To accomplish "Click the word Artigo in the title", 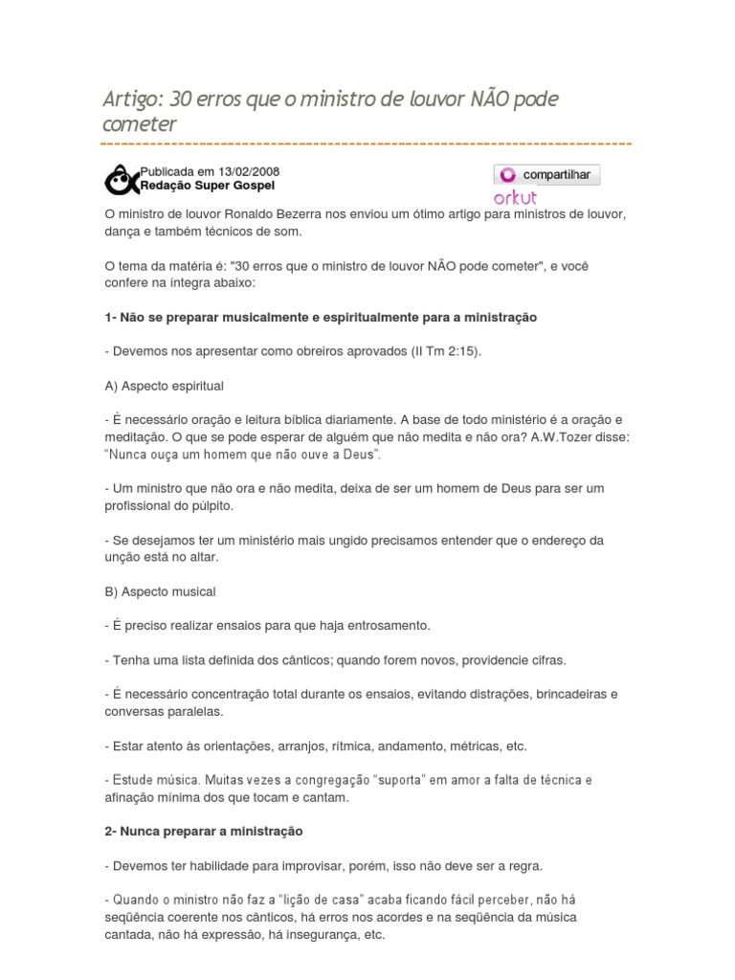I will click(132, 100).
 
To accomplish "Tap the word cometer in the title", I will click(140, 124).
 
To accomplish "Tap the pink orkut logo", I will click(515, 197).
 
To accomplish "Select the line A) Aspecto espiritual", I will click(164, 386).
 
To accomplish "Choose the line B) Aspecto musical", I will click(160, 591).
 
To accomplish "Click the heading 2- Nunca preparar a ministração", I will click(203, 832).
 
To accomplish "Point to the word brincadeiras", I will click(572, 694).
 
